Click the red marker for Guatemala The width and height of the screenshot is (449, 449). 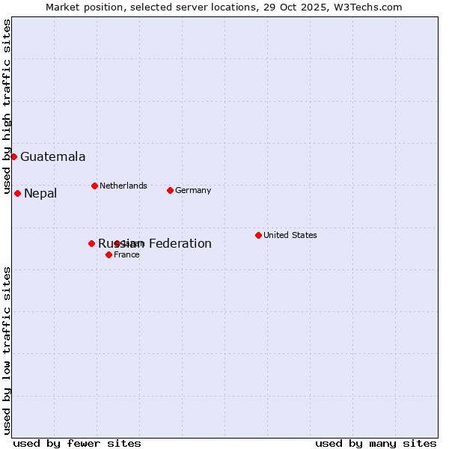[x=13, y=156]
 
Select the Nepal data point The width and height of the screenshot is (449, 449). [x=17, y=193]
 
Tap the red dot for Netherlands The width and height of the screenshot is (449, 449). [x=94, y=186]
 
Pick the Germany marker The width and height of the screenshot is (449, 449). [x=170, y=190]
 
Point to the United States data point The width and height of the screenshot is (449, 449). [x=258, y=235]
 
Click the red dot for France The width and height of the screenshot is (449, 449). [x=109, y=254]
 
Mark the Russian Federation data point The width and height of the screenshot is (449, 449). [x=91, y=243]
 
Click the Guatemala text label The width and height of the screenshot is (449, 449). [x=52, y=156]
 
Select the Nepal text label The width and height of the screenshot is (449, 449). [x=40, y=194]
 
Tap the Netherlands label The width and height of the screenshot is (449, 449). [x=123, y=186]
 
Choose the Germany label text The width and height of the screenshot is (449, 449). [x=193, y=190]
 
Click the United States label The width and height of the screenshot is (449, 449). [x=290, y=235]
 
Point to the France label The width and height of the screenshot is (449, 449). [x=126, y=254]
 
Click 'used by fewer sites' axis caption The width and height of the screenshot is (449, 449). [x=77, y=443]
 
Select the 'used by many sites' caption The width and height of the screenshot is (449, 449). [x=376, y=443]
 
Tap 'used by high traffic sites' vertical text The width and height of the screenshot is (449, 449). [x=7, y=107]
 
